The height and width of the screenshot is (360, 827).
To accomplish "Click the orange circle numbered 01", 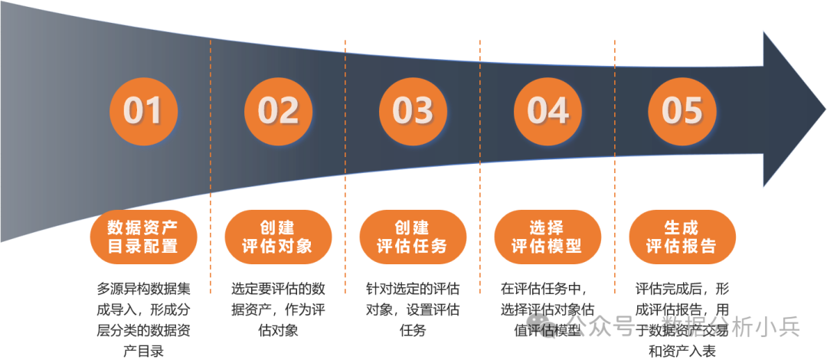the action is click(143, 110).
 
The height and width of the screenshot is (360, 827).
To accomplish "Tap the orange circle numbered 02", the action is click(278, 110).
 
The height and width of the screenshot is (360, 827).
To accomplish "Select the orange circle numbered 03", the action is click(413, 110).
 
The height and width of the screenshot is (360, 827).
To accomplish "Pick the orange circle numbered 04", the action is click(548, 110).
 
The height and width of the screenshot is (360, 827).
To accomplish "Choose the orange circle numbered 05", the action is click(682, 110).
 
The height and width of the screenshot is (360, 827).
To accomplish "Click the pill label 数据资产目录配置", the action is click(143, 237).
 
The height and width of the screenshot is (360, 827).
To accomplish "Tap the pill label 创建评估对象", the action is click(278, 237).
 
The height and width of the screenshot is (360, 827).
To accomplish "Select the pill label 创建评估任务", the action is click(413, 237).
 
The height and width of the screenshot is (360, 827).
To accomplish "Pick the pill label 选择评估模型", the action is click(548, 237).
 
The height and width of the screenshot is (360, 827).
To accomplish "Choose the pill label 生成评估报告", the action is click(682, 237).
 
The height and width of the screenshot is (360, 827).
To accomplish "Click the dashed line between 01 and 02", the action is click(211, 153).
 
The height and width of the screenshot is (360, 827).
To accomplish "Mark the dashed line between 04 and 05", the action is click(615, 153).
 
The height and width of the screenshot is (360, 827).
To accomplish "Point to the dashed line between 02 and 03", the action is click(345, 153).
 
